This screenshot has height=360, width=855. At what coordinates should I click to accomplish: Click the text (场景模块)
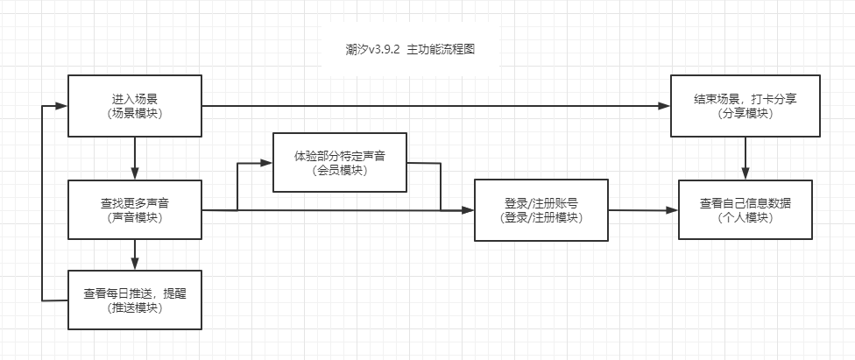(x=135, y=114)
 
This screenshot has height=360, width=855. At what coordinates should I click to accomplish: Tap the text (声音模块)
(x=135, y=217)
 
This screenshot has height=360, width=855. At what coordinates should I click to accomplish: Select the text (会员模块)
(x=340, y=170)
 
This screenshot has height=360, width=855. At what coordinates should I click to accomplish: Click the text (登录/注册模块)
(x=541, y=217)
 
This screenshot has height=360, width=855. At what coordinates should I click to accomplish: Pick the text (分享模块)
(x=745, y=114)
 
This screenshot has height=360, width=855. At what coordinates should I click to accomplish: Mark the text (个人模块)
(x=745, y=217)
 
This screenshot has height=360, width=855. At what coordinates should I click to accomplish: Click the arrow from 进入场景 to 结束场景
(x=438, y=106)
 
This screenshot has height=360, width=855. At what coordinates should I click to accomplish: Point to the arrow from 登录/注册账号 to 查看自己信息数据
(x=644, y=210)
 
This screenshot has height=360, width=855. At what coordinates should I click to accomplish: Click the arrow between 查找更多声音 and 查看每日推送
(x=135, y=254)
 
